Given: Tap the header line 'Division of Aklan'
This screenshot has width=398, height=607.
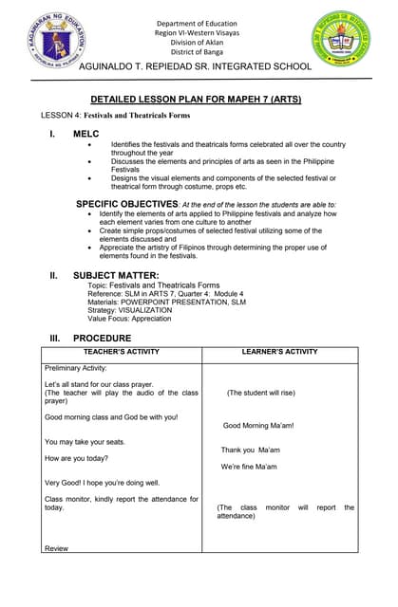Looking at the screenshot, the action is tap(200, 42).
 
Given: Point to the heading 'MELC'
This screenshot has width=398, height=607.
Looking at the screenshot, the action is tap(86, 135).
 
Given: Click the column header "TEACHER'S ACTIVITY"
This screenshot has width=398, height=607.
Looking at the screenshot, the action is tap(120, 351).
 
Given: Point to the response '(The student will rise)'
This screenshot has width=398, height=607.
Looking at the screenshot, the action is tap(260, 392).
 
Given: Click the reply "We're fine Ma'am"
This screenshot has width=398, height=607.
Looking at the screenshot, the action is tap(249, 467).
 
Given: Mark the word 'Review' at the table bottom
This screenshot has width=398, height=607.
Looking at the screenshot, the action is tap(56, 547).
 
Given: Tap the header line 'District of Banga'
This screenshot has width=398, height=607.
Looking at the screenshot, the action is tap(200, 52).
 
